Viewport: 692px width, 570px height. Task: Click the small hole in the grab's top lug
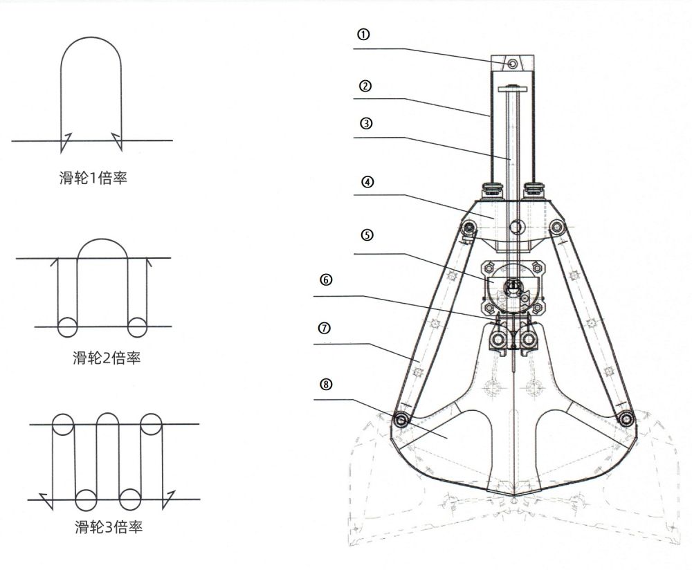[512, 64]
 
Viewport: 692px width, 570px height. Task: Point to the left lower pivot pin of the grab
[400, 419]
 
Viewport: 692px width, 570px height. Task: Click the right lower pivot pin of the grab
[626, 419]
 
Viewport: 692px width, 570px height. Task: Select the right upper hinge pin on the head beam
[556, 227]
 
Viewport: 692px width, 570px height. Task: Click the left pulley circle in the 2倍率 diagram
[67, 327]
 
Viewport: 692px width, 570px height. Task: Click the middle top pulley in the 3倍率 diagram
[107, 423]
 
